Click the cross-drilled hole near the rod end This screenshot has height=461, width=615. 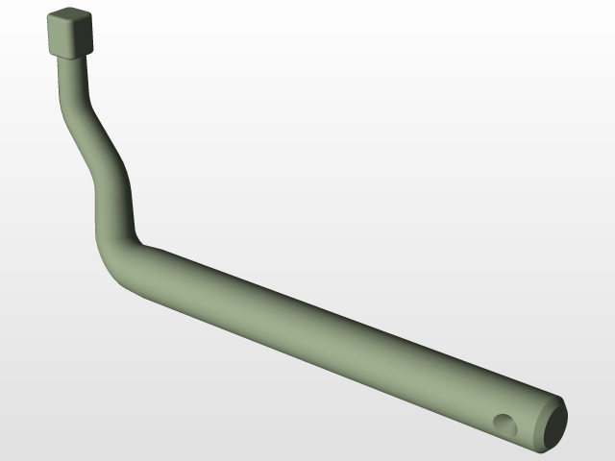pyautogui.click(x=504, y=423)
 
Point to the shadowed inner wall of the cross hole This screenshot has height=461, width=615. pyautogui.click(x=501, y=421)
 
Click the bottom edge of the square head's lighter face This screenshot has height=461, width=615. pyautogui.click(x=61, y=56)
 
